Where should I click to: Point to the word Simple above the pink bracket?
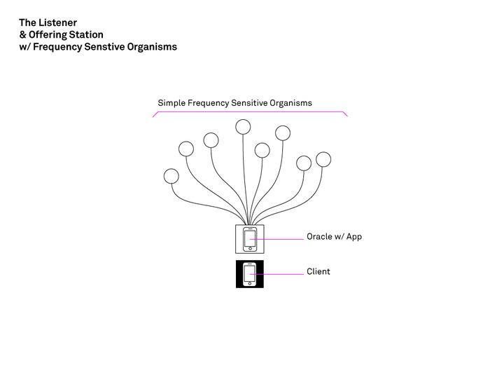[172, 103]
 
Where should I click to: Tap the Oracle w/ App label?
[334, 237]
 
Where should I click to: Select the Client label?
[318, 271]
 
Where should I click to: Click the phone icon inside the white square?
[249, 238]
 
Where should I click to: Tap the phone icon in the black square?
[249, 273]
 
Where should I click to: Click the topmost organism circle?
[243, 126]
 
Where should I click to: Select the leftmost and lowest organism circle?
[171, 176]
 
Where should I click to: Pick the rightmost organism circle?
[323, 159]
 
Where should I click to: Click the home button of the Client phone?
[249, 284]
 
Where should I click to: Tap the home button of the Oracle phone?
[249, 249]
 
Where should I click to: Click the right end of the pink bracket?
[346, 115]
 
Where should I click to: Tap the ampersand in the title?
[22, 34]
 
